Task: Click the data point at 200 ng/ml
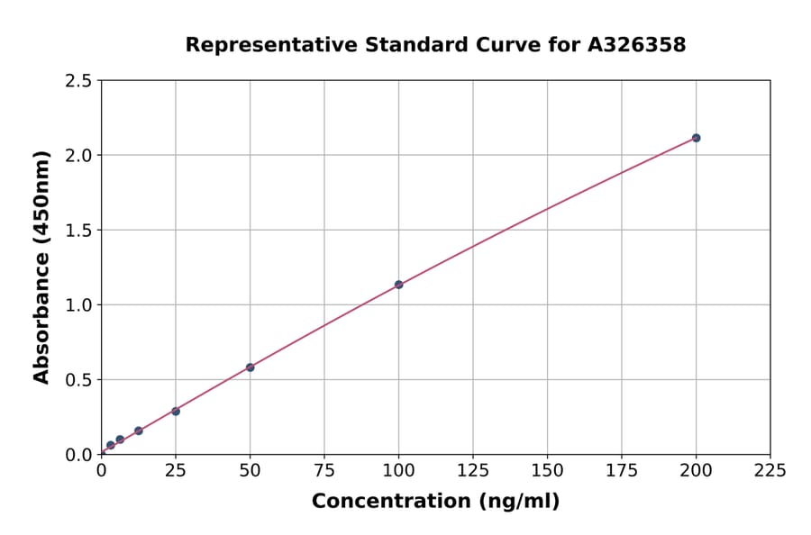(x=696, y=138)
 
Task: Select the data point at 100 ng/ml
(x=398, y=285)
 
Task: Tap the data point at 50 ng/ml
(x=250, y=367)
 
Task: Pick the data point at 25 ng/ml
(x=176, y=412)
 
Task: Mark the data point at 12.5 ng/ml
(x=138, y=431)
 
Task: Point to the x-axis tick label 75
(x=324, y=470)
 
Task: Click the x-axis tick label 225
(x=770, y=470)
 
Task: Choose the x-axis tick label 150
(x=547, y=470)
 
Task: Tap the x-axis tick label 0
(x=101, y=470)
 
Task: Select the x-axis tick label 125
(x=473, y=470)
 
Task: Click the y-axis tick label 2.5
(x=78, y=81)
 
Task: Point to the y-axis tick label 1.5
(x=78, y=231)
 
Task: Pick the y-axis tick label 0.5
(x=78, y=380)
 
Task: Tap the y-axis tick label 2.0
(x=78, y=156)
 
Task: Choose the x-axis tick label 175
(x=621, y=470)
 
